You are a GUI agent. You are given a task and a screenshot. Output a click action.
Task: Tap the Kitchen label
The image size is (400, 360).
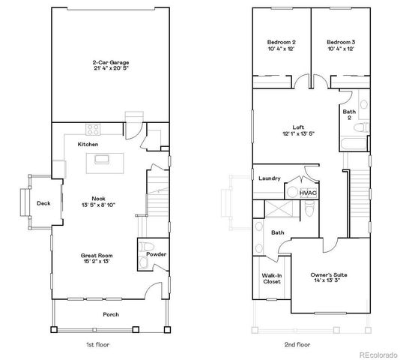88,144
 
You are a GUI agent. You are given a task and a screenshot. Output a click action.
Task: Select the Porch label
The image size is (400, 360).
112,314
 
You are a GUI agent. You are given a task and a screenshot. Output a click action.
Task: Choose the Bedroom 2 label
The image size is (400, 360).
282,41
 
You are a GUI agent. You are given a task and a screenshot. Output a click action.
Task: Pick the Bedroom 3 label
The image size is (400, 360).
341,41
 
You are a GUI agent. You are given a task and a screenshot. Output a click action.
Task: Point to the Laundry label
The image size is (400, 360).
269,178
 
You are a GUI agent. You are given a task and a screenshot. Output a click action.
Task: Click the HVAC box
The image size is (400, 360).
308,193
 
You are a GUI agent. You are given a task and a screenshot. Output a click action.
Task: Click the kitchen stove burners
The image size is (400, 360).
94,127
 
